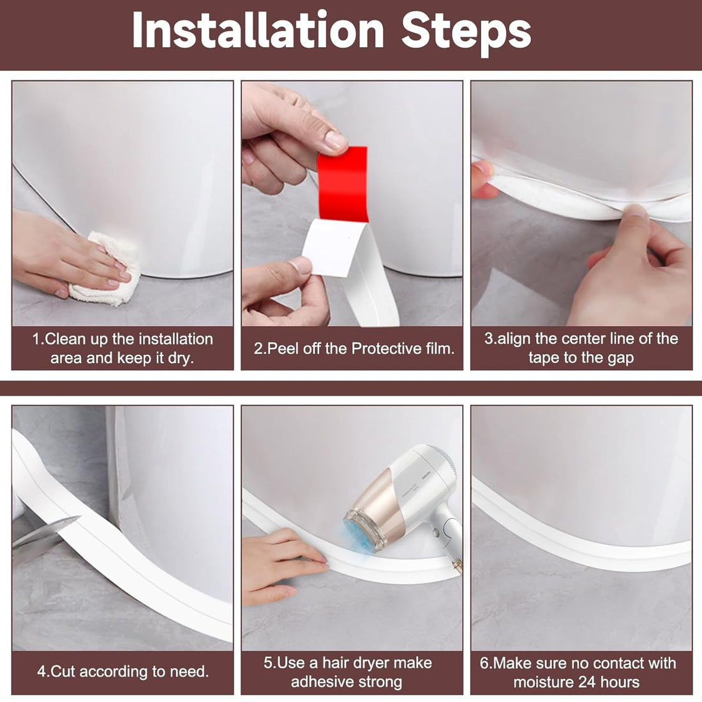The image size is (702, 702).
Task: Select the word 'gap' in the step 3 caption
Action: [x=618, y=358]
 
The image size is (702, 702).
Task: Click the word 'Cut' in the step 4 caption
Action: [x=63, y=671]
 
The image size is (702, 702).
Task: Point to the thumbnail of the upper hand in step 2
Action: [x=334, y=138]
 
